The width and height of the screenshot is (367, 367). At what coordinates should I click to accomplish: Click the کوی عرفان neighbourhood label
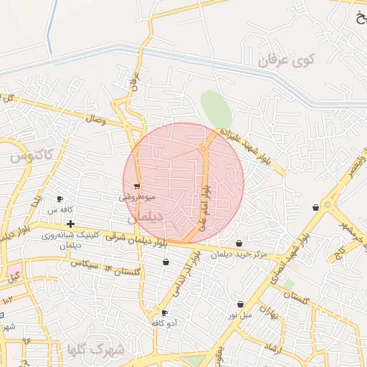coord(287,60)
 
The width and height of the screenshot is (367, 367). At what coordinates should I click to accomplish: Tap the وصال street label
coord(95,120)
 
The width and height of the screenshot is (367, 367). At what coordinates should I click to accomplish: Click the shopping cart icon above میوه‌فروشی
coord(137,186)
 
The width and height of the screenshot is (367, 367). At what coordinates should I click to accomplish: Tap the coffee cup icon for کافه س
coord(59,199)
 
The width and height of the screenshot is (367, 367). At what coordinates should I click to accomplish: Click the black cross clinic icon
coord(70,224)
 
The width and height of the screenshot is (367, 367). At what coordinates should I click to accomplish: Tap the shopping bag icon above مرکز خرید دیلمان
coord(248,244)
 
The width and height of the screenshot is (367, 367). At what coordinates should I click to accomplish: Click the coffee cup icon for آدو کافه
coord(164,313)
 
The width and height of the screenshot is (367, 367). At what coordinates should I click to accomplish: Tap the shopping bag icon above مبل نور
coord(240,305)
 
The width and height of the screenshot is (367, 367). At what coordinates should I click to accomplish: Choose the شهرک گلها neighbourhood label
coord(95,351)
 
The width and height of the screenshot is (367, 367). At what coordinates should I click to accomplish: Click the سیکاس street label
coord(84,264)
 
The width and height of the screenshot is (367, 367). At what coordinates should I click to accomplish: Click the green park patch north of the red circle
coord(216,110)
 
